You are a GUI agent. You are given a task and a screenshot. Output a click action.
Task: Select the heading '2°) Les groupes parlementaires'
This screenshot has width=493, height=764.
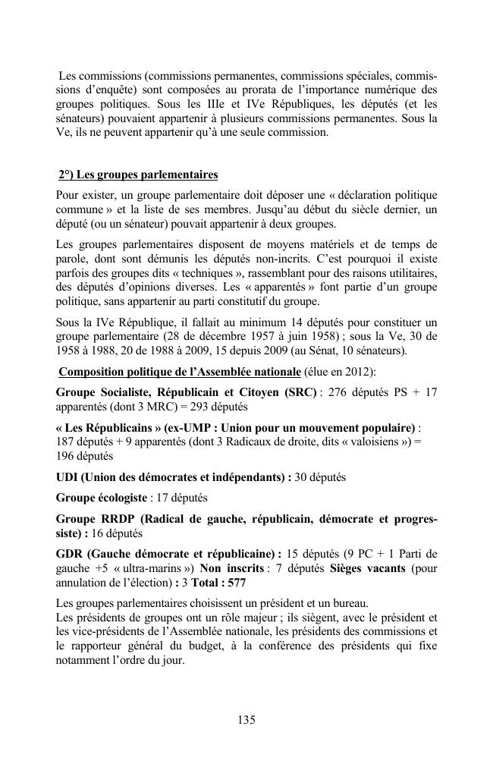click(x=138, y=174)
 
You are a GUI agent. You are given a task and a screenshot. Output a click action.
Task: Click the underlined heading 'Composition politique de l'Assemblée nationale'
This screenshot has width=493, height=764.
click(x=180, y=372)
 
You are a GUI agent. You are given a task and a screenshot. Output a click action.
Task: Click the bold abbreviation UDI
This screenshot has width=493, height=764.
click(x=68, y=477)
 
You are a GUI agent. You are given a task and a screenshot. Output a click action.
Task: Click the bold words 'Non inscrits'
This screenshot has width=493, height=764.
click(x=231, y=570)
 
